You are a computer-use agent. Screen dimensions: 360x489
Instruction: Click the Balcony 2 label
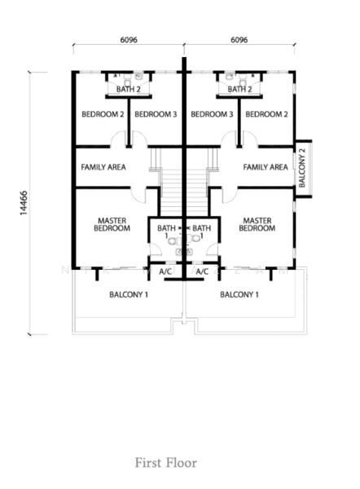[302, 168]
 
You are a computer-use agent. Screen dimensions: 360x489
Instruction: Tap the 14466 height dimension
[24, 203]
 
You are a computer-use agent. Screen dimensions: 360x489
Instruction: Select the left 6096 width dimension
[129, 40]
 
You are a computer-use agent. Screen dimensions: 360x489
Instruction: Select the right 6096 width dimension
[239, 40]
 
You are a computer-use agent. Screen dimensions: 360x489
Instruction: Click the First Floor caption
[166, 463]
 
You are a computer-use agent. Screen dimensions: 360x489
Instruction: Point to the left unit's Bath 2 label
[129, 89]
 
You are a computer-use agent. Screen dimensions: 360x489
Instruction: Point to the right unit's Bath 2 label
[239, 89]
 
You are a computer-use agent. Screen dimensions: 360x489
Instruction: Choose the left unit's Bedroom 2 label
[103, 114]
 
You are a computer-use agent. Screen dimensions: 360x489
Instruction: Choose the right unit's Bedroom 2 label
[266, 114]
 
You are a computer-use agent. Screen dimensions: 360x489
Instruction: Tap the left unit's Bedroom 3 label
[156, 114]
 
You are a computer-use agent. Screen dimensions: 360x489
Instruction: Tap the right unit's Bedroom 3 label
[212, 114]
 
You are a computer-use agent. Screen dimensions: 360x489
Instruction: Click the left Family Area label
[103, 167]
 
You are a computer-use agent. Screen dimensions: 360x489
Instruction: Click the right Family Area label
[266, 167]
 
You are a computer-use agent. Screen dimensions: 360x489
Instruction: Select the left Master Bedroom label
[112, 225]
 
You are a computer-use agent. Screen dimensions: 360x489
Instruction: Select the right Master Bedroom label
[257, 225]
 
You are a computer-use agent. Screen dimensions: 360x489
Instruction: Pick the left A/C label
[165, 271]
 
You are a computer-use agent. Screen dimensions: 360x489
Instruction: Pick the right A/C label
[202, 271]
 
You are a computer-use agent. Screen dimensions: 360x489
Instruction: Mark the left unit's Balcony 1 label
[129, 294]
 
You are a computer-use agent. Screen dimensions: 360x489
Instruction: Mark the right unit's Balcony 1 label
[239, 294]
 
